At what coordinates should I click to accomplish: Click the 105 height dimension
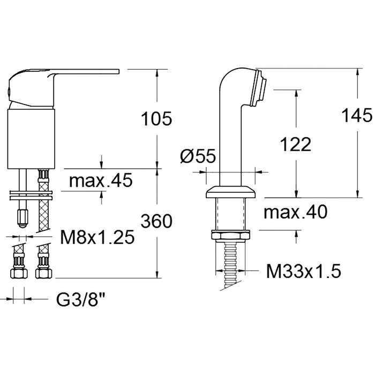click(x=156, y=118)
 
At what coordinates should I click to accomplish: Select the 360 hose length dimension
click(x=156, y=221)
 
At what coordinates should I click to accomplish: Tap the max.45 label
click(x=101, y=180)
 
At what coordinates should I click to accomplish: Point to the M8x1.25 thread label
click(x=97, y=237)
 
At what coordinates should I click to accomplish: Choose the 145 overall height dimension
click(x=357, y=115)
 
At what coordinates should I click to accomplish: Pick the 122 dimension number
click(x=296, y=144)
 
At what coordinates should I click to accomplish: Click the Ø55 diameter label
click(x=198, y=156)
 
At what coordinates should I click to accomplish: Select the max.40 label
click(x=295, y=212)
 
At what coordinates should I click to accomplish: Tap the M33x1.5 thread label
click(x=304, y=271)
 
